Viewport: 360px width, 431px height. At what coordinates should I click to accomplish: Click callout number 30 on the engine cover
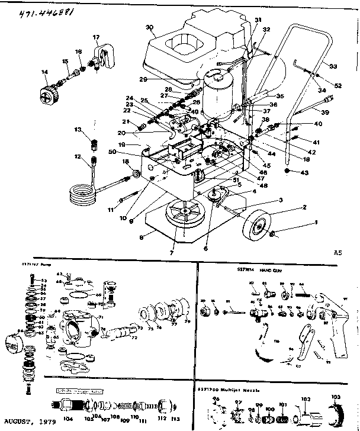pos(149,27)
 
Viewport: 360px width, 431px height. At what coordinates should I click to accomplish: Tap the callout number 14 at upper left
pos(44,72)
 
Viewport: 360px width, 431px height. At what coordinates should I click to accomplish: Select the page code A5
pos(338,252)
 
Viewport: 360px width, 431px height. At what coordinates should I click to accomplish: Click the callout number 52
pos(338,86)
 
